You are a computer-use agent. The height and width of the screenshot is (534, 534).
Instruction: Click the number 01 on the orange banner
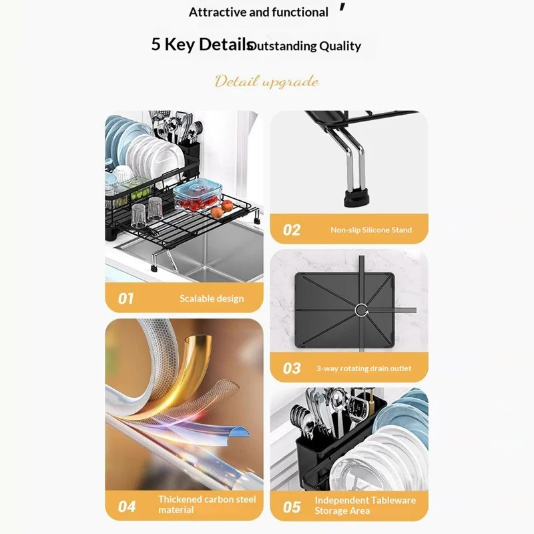pos(125,298)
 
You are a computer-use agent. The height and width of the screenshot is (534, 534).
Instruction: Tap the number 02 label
pos(292,230)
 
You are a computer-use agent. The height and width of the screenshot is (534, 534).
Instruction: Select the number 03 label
pos(292,368)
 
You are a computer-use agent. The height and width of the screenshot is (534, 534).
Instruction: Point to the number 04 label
pos(127,507)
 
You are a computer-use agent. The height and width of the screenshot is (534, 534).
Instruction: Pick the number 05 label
pos(292,507)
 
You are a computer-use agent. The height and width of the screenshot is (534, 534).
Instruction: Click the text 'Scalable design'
pos(212,298)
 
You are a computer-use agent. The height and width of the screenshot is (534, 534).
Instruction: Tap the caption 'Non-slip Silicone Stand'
pos(371,230)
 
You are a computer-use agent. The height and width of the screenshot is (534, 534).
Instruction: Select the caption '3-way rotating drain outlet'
pos(364,368)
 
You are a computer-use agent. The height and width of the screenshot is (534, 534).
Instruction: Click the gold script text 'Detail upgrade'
pos(266,81)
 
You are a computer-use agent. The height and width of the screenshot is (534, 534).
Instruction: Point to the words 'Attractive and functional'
pos(258,12)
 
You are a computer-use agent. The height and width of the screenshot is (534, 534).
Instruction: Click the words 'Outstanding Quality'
pos(305,46)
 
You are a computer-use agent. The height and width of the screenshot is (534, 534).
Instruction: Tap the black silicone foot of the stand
pos(357,198)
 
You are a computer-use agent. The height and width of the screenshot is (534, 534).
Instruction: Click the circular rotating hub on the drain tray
pos(361,310)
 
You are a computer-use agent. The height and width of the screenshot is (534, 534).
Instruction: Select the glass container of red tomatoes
pos(198,196)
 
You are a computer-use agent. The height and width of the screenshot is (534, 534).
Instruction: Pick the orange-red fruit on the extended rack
pos(227,206)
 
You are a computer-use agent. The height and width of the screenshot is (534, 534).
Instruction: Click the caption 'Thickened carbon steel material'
pos(207,505)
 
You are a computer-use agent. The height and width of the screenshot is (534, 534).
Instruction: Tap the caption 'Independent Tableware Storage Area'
pos(365,505)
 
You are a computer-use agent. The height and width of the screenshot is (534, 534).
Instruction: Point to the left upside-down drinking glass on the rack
pos(138,216)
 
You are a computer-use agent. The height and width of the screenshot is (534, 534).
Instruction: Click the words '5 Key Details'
pos(202,45)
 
